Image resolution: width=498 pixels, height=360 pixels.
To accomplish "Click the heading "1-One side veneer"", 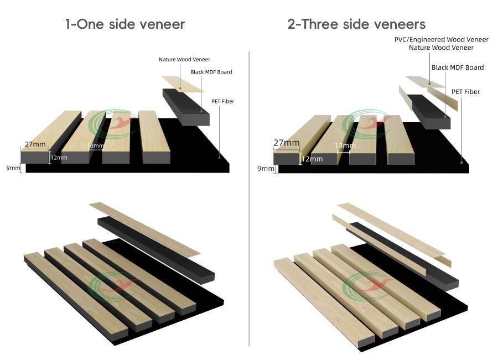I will click(124, 24).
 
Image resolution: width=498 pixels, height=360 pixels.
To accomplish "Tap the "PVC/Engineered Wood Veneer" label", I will click(441, 39).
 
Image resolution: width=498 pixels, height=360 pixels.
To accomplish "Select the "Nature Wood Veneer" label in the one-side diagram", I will click(184, 59).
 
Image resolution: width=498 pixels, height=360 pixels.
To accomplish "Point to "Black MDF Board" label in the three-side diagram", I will click(457, 67).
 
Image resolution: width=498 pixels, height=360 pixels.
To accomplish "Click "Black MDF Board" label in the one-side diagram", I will click(211, 72).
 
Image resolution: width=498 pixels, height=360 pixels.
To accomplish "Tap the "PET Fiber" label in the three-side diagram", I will click(465, 92).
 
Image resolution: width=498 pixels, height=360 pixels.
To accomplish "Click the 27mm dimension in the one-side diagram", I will click(35, 144).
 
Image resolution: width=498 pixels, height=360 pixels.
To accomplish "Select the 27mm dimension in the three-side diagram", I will click(287, 143).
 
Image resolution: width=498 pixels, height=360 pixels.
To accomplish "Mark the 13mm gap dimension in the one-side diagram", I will click(96, 146).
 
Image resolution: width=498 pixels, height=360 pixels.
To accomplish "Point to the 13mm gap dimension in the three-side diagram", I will click(345, 146).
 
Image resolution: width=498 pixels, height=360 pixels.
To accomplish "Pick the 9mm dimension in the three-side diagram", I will click(266, 168).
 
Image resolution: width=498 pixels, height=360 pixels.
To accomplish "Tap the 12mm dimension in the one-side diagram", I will click(59, 158).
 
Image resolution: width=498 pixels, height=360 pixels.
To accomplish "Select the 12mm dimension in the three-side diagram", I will click(312, 159).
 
